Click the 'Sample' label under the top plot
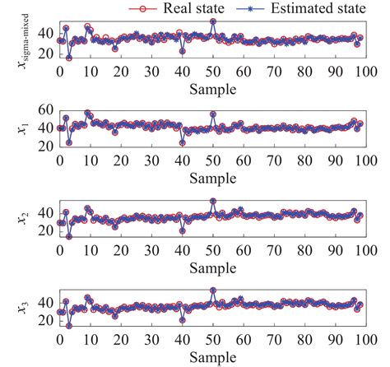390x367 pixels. [212, 88]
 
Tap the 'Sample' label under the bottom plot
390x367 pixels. [212, 359]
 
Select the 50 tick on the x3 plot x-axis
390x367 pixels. [212, 342]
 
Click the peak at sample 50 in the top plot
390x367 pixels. [213, 21]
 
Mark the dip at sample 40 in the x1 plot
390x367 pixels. [182, 142]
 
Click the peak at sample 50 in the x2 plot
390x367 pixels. [213, 201]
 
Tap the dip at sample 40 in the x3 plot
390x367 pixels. [182, 320]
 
